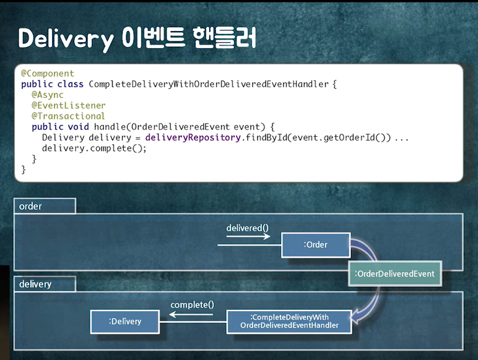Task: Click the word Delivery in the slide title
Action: [65, 38]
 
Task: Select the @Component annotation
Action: [48, 74]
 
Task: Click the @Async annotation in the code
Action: [47, 95]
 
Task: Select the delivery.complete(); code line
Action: [94, 148]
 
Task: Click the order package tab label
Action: [31, 206]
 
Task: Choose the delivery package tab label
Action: [35, 284]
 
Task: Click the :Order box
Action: [316, 245]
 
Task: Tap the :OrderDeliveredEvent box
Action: [394, 273]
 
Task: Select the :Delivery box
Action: [125, 321]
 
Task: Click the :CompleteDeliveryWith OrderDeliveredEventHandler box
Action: [289, 321]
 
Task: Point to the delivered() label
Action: [248, 228]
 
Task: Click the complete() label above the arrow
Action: [192, 304]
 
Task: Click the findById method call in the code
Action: [267, 137]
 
